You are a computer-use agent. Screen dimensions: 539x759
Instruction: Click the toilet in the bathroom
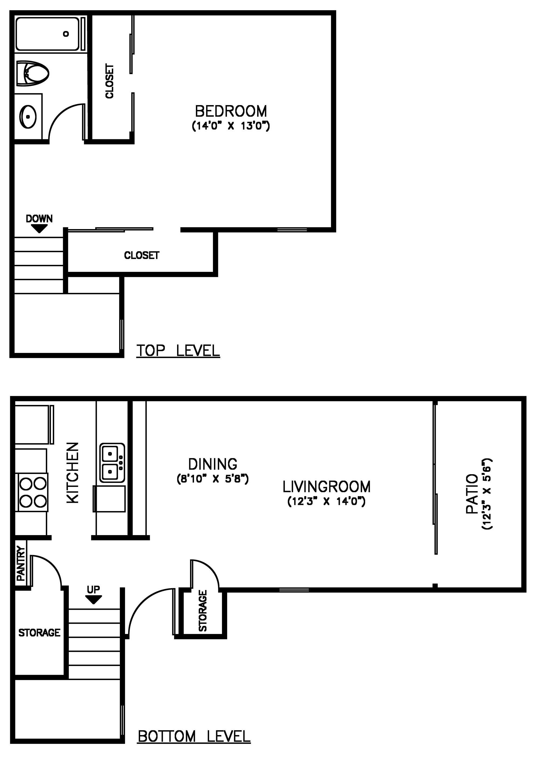33,73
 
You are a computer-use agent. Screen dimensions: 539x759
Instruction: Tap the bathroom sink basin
28,117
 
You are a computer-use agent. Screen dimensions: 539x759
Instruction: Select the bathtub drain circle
66,34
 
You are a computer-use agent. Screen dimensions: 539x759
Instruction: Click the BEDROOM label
231,111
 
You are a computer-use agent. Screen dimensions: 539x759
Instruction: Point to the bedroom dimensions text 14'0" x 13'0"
231,126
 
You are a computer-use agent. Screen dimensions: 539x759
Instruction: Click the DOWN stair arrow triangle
39,228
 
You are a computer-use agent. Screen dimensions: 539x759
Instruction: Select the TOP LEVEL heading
178,351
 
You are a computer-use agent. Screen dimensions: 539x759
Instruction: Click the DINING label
213,464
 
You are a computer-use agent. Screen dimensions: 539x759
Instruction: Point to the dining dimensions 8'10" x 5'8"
213,479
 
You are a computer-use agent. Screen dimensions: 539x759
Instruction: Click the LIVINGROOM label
327,487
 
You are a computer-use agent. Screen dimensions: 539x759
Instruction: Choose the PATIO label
472,494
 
